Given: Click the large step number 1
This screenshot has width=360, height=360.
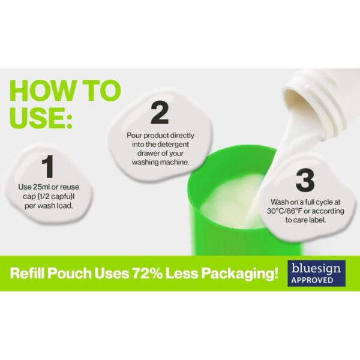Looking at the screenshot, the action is coord(48,167).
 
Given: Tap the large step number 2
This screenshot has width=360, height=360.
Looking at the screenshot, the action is coord(160,113).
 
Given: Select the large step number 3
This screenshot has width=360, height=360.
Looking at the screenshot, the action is coord(305,181).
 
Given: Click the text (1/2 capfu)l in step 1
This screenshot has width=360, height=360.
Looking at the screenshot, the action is coord(58,197).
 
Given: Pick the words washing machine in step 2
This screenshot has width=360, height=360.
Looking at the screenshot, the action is coord(160,163).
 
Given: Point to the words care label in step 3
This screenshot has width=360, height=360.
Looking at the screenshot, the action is coord(310,220).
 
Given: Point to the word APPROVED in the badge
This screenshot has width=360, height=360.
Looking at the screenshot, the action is coord(312,280).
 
